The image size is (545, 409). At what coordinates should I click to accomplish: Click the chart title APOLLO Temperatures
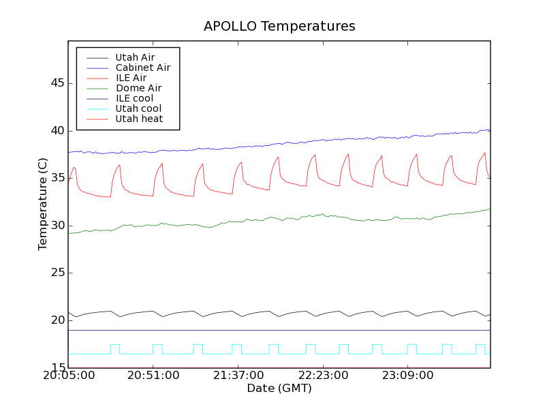[x=279, y=27]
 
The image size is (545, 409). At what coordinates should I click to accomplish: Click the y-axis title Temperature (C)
[x=43, y=204]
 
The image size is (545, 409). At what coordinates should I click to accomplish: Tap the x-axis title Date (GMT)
[x=279, y=389]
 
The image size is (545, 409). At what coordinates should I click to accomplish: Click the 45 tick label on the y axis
[x=57, y=83]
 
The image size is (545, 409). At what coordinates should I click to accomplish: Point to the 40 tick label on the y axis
[x=57, y=131]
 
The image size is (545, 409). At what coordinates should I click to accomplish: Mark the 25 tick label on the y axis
[x=57, y=273]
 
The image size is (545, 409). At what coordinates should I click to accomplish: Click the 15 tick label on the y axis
[x=57, y=368]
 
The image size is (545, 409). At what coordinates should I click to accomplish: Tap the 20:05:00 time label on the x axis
[x=69, y=376]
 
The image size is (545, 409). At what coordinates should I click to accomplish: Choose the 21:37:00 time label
[x=238, y=376]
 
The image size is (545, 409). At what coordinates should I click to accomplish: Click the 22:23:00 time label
[x=323, y=376]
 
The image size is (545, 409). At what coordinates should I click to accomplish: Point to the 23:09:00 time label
[x=407, y=376]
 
